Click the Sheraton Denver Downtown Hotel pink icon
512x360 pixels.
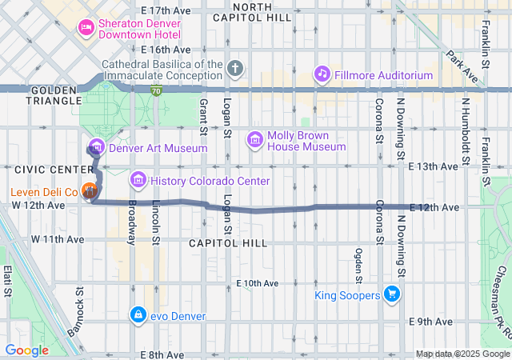click(x=85, y=29)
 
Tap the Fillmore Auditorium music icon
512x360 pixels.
click(x=322, y=74)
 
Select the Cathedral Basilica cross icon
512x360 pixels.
click(x=234, y=68)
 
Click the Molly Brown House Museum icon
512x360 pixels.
click(x=255, y=141)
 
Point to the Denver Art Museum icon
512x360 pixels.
click(x=97, y=147)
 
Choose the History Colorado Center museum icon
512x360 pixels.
click(x=138, y=181)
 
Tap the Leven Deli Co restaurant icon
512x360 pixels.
click(x=90, y=192)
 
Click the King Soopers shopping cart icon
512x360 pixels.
click(x=391, y=295)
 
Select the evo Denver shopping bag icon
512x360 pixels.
click(x=138, y=314)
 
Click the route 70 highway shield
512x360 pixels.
click(x=158, y=91)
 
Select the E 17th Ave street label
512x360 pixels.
click(x=166, y=10)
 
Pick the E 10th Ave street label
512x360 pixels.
click(x=258, y=283)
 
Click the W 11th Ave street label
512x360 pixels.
click(x=57, y=239)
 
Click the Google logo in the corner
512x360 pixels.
click(x=27, y=350)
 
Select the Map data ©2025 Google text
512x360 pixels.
click(x=462, y=354)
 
